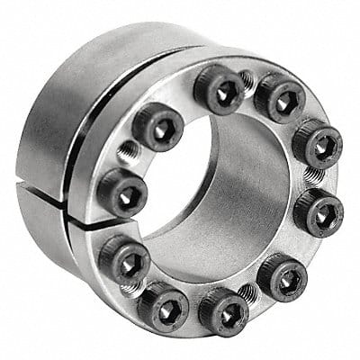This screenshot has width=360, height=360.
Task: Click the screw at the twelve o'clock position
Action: (x=219, y=90)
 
